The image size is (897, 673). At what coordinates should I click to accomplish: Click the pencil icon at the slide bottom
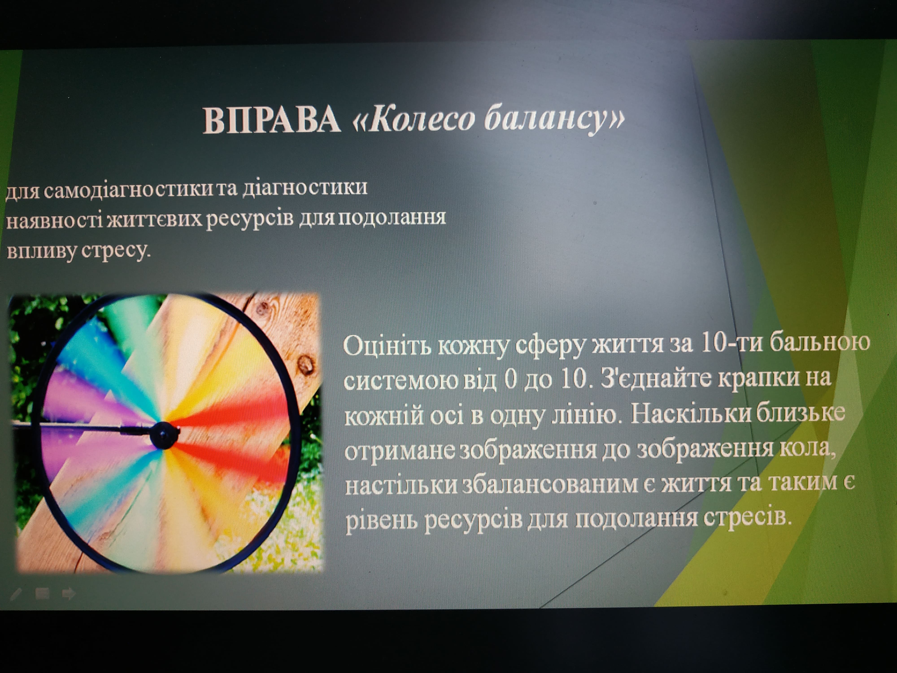(x=15, y=594)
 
